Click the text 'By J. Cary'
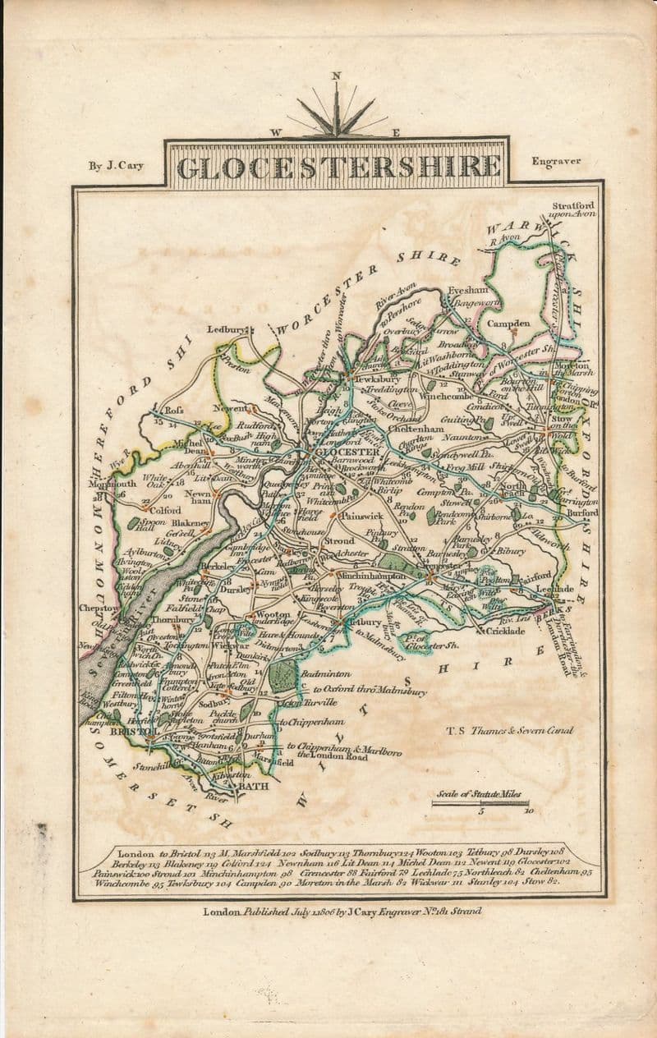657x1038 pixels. (x=116, y=166)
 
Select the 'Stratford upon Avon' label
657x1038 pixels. (x=572, y=209)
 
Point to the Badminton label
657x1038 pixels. (x=325, y=673)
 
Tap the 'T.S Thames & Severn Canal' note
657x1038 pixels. (x=509, y=729)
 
